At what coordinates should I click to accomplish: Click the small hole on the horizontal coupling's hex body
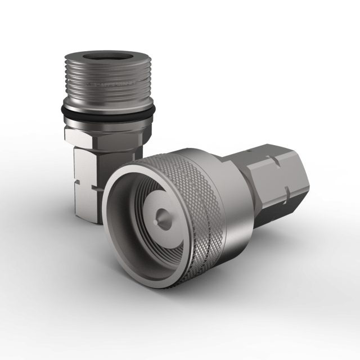click(x=248, y=152)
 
